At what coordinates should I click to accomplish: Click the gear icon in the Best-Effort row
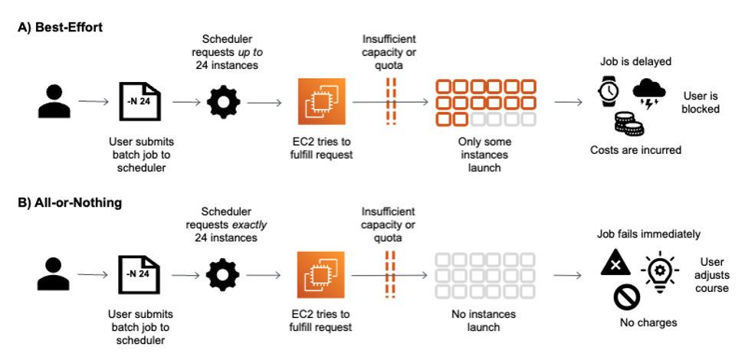[x=223, y=101]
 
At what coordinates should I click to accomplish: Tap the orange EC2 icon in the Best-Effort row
[x=322, y=101]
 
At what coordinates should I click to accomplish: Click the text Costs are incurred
[x=635, y=150]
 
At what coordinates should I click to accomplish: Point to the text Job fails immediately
[x=648, y=234]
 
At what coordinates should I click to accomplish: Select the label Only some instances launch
[x=484, y=154]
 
